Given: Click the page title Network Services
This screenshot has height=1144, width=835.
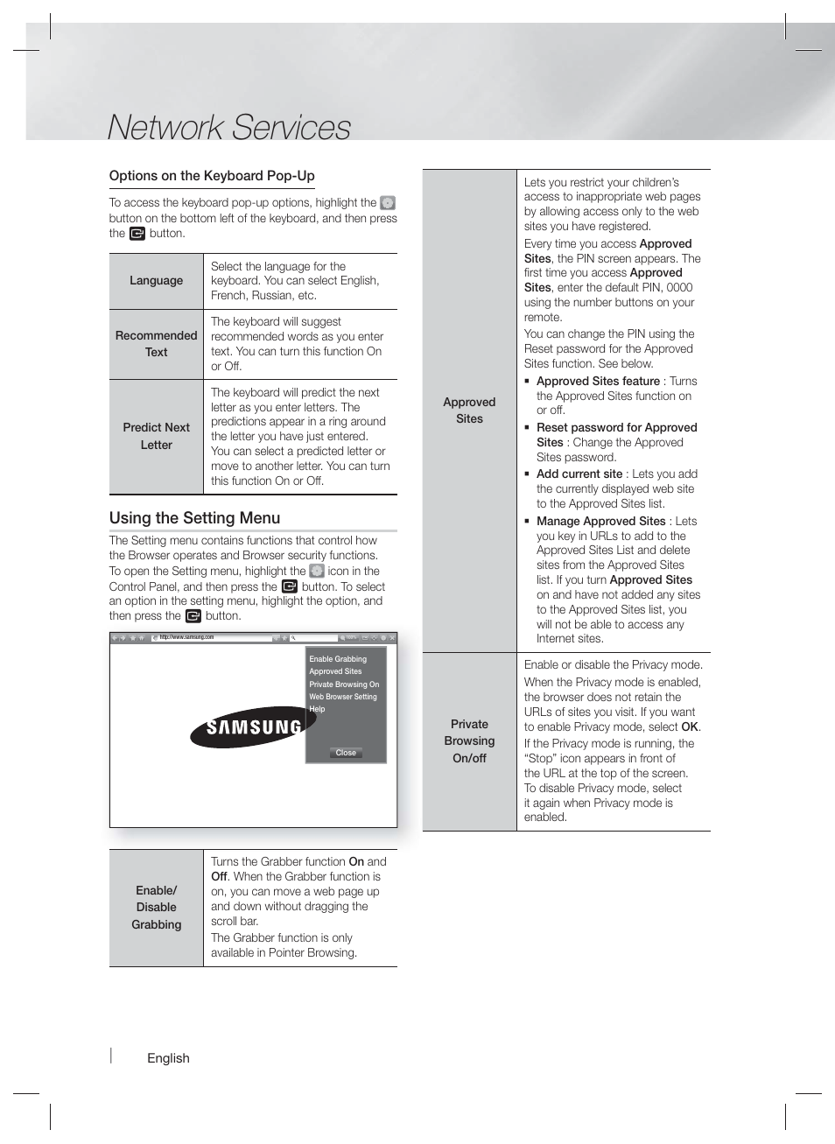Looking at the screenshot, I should [x=228, y=127].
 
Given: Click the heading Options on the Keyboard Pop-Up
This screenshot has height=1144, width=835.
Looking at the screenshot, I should [x=212, y=176].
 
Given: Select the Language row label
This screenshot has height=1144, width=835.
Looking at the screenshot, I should [x=156, y=281].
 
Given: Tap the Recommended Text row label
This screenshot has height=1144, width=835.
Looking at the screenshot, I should [x=156, y=344].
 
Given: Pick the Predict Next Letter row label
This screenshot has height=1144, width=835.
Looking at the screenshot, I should [x=156, y=436].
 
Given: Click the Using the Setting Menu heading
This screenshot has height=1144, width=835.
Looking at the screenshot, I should [x=194, y=518].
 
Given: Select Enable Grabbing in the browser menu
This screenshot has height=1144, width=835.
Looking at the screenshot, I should [x=338, y=659].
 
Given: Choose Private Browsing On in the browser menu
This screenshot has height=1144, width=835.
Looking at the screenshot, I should [x=344, y=684].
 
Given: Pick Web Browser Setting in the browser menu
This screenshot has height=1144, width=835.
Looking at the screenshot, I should [x=343, y=697].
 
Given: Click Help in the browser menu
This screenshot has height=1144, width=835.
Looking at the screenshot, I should [x=317, y=709].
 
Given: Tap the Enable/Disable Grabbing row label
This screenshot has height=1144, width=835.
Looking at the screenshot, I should [x=156, y=908].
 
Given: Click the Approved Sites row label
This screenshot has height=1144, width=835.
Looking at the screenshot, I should [x=469, y=411].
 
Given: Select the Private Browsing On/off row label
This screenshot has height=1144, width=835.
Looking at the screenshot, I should [x=469, y=741].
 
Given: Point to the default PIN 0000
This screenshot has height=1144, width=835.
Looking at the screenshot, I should [x=678, y=288].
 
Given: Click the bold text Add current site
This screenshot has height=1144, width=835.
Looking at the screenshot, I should [x=579, y=474].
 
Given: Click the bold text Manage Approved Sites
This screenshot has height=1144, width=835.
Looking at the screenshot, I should [x=600, y=522].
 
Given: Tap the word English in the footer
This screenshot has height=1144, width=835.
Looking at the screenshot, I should [x=168, y=1058].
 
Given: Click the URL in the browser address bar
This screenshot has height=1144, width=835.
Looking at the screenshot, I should [x=186, y=637].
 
